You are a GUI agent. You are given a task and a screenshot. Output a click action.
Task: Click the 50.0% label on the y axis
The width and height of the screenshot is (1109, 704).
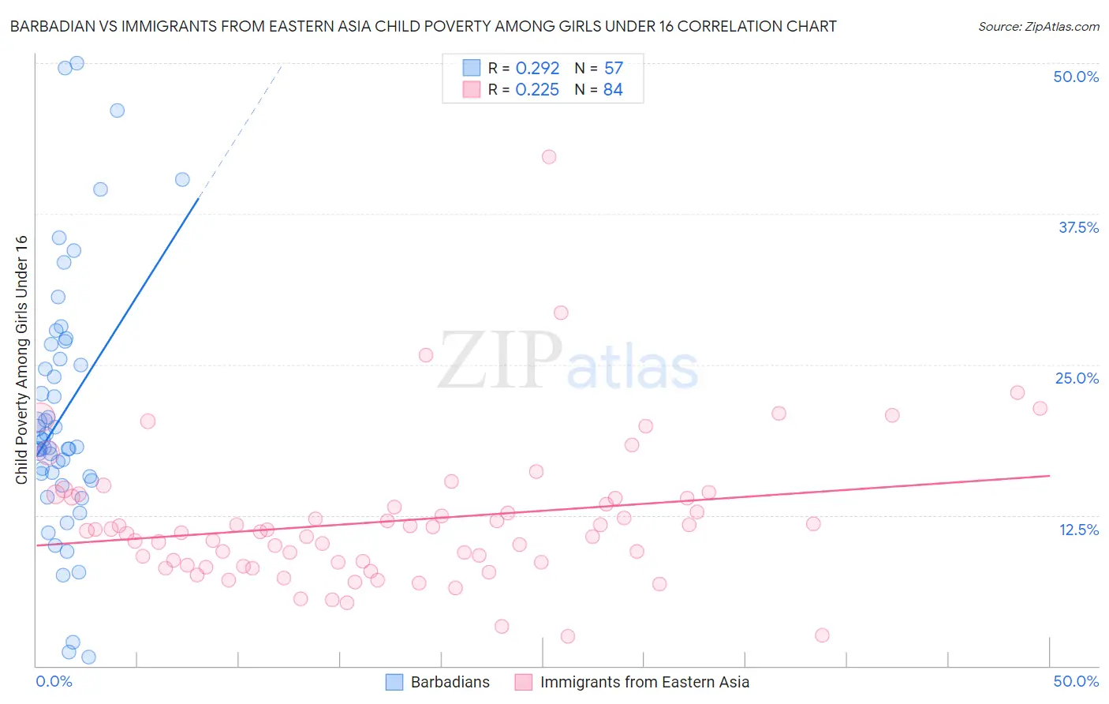click(x=1076, y=77)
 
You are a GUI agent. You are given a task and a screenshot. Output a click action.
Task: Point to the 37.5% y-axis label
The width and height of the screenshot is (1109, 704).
click(x=1078, y=227)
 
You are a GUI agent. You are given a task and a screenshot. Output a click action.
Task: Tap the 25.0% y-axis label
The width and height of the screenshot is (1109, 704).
click(x=1077, y=378)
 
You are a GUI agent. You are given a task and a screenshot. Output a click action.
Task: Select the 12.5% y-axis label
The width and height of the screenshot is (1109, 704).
click(x=1078, y=530)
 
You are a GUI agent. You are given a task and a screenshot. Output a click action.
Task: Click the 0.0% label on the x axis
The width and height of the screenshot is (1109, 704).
click(x=54, y=681)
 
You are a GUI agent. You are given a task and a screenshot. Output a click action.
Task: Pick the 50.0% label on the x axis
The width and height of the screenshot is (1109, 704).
click(x=1076, y=681)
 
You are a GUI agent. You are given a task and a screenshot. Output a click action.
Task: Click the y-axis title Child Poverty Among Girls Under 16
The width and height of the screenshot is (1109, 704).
click(x=21, y=360)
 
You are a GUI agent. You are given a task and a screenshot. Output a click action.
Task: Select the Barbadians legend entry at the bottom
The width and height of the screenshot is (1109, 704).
click(x=450, y=682)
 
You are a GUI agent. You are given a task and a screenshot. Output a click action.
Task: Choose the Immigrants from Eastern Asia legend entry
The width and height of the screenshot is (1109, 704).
click(x=644, y=682)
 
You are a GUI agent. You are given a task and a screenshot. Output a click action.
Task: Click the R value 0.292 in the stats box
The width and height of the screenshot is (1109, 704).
click(x=537, y=69)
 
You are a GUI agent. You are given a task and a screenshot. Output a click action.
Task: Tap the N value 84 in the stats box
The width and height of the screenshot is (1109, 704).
click(x=613, y=90)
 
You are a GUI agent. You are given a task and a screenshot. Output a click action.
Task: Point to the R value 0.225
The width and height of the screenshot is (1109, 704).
click(x=537, y=90)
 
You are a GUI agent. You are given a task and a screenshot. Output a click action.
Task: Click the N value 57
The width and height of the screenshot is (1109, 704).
click(x=614, y=69)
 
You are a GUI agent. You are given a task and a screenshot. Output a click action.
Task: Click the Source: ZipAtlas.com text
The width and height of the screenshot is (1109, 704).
click(x=1038, y=26)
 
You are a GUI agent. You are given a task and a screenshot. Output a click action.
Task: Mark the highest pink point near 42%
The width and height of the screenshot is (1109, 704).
click(x=549, y=157)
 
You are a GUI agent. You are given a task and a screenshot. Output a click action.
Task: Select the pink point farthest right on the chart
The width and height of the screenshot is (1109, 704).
click(x=1040, y=408)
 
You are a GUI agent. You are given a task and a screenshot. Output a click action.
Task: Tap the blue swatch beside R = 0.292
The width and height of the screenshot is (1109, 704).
click(x=472, y=68)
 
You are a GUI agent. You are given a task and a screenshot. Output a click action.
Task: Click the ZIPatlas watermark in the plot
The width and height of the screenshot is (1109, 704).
click(x=568, y=362)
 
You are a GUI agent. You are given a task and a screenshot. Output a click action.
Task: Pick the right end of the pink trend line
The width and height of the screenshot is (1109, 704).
click(x=1050, y=476)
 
